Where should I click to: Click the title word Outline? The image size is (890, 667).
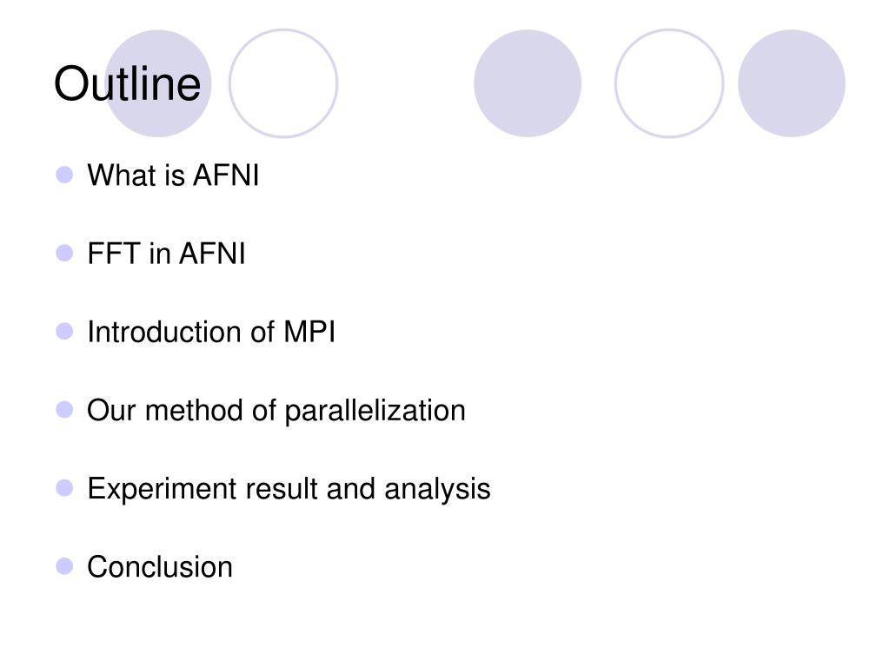[x=127, y=85]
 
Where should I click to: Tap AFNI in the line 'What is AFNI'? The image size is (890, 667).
[x=226, y=176]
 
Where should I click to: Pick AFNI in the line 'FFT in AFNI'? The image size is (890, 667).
[x=212, y=254]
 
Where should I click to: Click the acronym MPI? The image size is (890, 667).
[x=309, y=333]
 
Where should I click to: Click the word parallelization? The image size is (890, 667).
[x=375, y=411]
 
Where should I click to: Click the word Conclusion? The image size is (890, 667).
[x=160, y=567]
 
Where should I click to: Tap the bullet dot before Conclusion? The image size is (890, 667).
[x=64, y=566]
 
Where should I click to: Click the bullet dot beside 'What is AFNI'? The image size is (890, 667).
[x=64, y=175]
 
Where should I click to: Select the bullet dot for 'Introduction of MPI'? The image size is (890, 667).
[x=64, y=332]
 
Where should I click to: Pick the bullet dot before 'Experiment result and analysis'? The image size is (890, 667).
[x=64, y=488]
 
